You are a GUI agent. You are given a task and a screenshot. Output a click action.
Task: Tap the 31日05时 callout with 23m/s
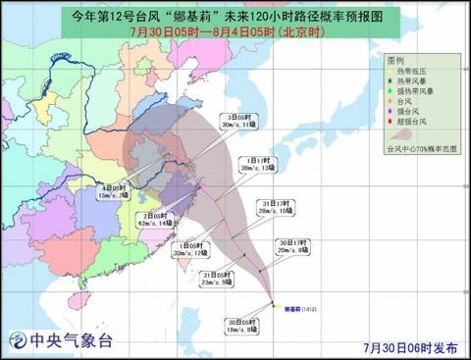[218, 279]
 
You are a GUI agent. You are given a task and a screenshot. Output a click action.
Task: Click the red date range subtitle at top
[235, 30]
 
